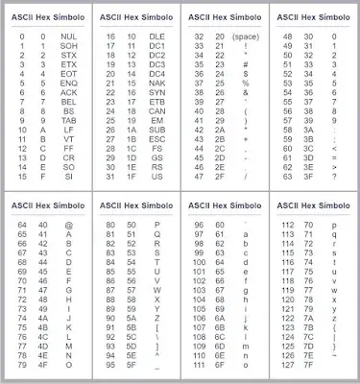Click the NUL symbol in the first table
pyautogui.click(x=68, y=36)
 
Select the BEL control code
pyautogui.click(x=68, y=101)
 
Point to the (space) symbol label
pyautogui.click(x=247, y=36)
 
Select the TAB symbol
pyautogui.click(x=68, y=120)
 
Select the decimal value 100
pyautogui.click(x=199, y=262)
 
